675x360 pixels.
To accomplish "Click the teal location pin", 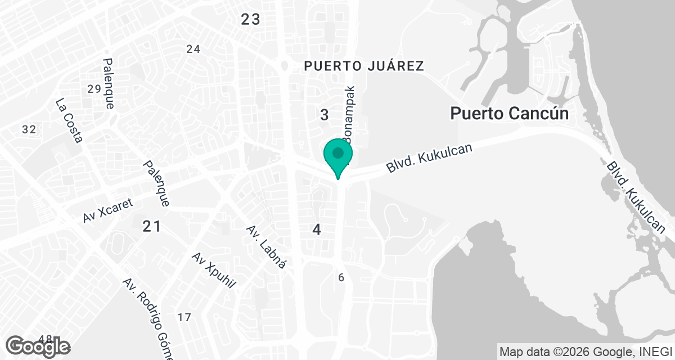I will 337,156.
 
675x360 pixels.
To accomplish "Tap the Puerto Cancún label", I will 509,114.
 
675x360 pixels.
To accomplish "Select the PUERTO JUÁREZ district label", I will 363,66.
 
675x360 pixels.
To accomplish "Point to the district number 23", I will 250,20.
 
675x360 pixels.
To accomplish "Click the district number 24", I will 193,49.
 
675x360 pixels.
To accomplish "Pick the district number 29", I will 94,88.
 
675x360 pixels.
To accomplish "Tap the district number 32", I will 29,130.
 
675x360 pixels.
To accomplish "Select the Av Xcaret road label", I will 108,210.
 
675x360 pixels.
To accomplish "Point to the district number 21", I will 151,227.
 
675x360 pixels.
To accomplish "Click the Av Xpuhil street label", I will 213,270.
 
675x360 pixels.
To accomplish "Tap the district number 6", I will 341,277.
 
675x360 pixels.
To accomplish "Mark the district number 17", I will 184,317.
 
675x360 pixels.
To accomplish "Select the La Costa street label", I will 69,120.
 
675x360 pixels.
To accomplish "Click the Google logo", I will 38,346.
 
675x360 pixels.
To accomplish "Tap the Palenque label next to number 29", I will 109,83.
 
